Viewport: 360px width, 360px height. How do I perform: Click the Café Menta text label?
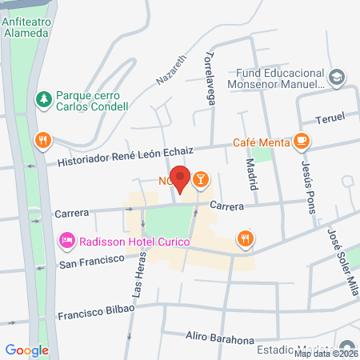(261, 143)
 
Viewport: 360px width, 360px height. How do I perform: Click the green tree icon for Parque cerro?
(43, 99)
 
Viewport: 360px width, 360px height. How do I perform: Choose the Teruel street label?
(330, 117)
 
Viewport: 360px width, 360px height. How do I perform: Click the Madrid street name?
(252, 174)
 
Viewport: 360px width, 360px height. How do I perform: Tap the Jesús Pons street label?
(309, 186)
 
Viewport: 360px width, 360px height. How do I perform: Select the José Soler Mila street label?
(342, 261)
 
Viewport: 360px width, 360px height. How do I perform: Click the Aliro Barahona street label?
(219, 338)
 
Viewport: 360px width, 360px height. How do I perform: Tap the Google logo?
(27, 350)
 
